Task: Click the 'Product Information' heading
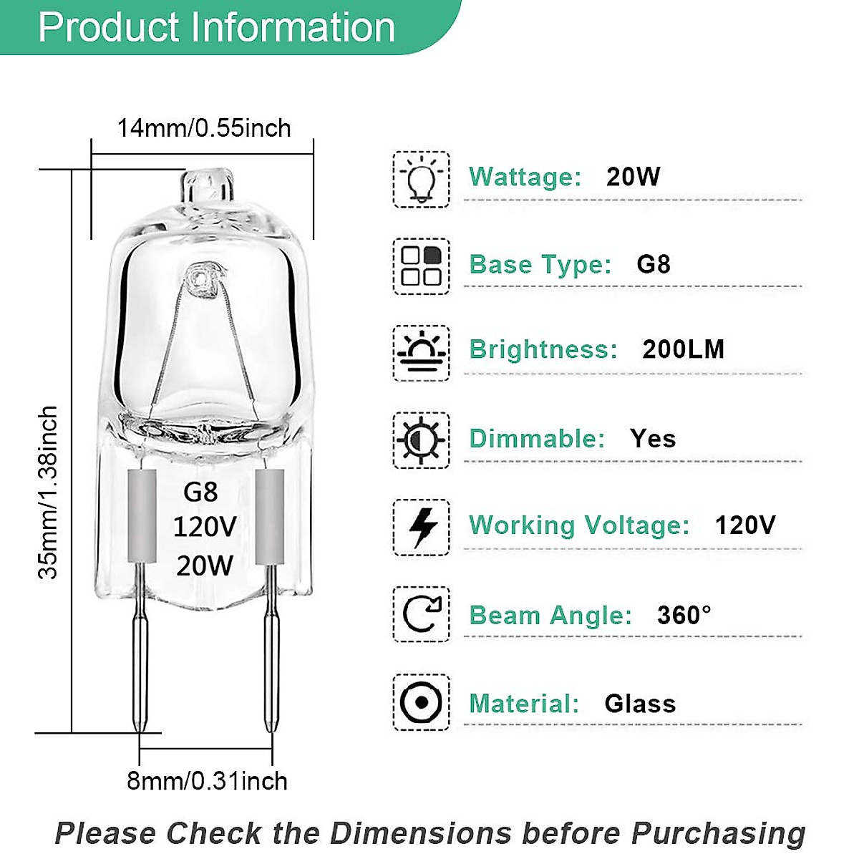[x=216, y=27]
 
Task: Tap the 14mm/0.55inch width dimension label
[x=204, y=128]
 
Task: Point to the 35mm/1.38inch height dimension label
[x=49, y=492]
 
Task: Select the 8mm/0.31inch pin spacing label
[x=207, y=780]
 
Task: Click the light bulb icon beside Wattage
[x=421, y=180]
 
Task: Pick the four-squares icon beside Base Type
[x=421, y=266]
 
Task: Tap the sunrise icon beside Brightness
[x=421, y=353]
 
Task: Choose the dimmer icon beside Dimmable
[x=421, y=440]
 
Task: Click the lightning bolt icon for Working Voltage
[x=421, y=528]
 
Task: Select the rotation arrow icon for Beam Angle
[x=421, y=614]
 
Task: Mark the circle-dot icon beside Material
[x=421, y=702]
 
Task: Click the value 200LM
[x=683, y=349]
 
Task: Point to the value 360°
[x=684, y=615]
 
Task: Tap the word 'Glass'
[x=640, y=704]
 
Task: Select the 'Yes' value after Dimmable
[x=653, y=438]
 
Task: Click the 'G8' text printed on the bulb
[x=200, y=492]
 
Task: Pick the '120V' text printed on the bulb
[x=205, y=528]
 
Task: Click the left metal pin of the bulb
[x=139, y=659]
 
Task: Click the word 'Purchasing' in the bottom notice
[x=718, y=834]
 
